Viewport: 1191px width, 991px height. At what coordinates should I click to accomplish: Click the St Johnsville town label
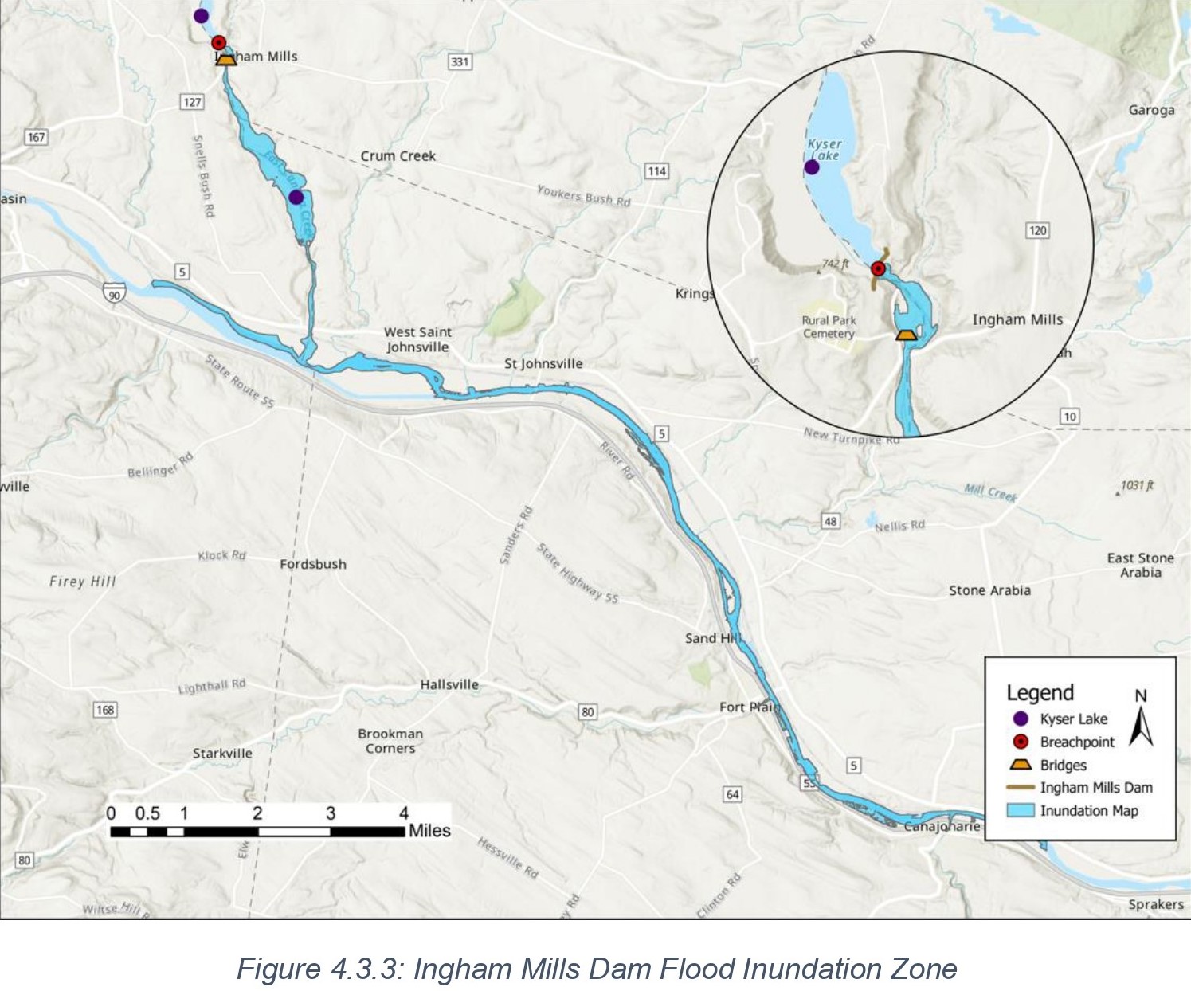(x=543, y=364)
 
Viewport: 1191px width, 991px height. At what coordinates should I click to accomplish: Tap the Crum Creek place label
(x=398, y=156)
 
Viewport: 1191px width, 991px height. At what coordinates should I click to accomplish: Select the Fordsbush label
(x=313, y=564)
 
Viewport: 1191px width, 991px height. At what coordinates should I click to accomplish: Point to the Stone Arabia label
(x=989, y=590)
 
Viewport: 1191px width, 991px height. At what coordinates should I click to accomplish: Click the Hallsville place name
(x=449, y=684)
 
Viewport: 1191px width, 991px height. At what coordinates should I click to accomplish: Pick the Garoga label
(x=1151, y=110)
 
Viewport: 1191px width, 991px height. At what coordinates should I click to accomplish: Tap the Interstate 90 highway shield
(x=115, y=294)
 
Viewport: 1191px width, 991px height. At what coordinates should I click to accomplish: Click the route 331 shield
(x=460, y=61)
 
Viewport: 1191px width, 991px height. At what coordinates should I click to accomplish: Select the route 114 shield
(x=656, y=171)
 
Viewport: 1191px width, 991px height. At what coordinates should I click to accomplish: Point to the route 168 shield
(x=105, y=709)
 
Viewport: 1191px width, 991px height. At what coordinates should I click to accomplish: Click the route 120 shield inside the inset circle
(x=1037, y=230)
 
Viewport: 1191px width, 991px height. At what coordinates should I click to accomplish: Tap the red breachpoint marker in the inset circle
(x=878, y=268)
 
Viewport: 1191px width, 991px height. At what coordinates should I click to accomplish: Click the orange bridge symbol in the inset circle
(x=907, y=335)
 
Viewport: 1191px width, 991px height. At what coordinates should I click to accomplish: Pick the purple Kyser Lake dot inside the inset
(x=812, y=167)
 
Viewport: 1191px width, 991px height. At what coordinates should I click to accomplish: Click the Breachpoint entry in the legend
(x=1076, y=742)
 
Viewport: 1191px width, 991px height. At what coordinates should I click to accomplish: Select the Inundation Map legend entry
(x=1088, y=810)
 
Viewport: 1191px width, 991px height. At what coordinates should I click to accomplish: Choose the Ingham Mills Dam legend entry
(x=1095, y=787)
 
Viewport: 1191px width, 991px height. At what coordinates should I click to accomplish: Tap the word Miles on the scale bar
(x=429, y=831)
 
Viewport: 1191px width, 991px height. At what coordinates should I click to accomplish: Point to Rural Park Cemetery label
(x=829, y=327)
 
